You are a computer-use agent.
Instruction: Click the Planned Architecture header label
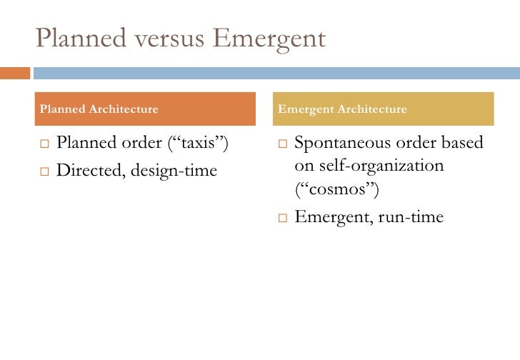point(99,109)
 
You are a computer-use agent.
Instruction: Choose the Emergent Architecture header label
point(342,109)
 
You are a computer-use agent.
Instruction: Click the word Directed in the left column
point(87,170)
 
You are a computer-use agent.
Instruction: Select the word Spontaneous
point(341,143)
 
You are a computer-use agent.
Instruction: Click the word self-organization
point(381,166)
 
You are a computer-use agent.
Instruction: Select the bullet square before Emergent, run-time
point(281,217)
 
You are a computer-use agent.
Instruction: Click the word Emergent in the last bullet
point(329,216)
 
